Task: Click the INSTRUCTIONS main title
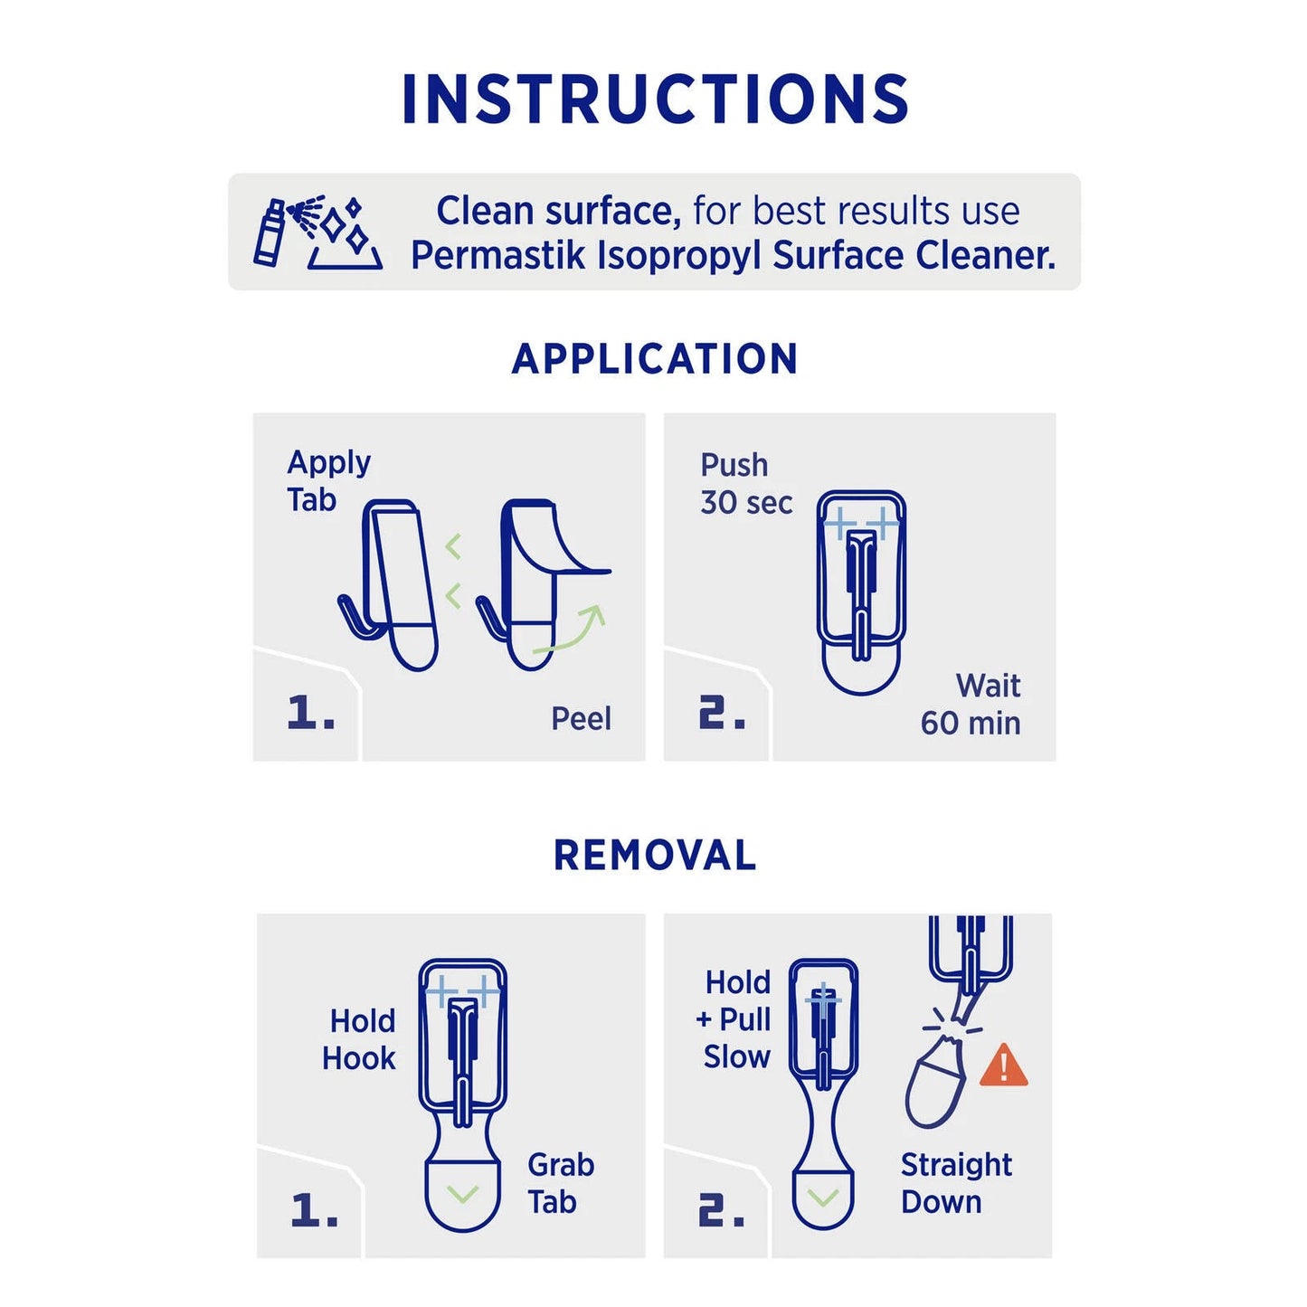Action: (655, 99)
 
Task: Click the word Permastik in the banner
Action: (498, 256)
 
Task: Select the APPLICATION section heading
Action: (655, 359)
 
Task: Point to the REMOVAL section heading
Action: (655, 856)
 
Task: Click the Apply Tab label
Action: (327, 481)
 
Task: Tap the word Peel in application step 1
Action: (581, 719)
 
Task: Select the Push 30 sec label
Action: (745, 484)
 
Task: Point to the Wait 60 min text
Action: (972, 705)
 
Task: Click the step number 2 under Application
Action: (722, 713)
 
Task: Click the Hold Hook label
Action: (360, 1039)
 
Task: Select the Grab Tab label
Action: (560, 1183)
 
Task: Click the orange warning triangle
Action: (1003, 1065)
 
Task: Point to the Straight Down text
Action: (956, 1183)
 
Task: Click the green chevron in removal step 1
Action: (463, 1195)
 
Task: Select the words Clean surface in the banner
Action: (558, 212)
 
